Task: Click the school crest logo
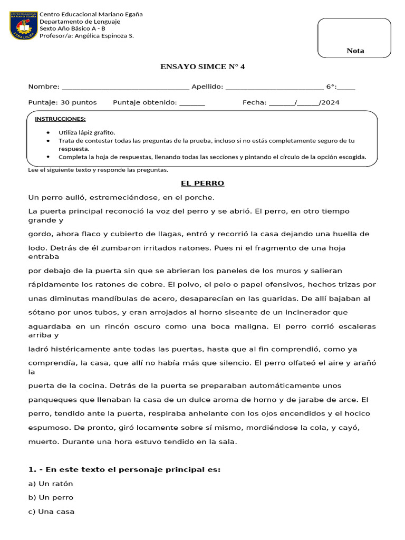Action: click(x=23, y=25)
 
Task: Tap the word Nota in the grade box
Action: click(x=355, y=51)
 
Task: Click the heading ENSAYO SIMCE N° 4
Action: click(x=202, y=66)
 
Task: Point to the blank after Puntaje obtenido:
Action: click(x=192, y=103)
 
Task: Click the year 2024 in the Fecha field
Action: click(x=330, y=102)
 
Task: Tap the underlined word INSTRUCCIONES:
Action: click(x=60, y=119)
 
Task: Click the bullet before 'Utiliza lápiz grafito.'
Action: click(x=49, y=132)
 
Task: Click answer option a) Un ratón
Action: click(x=51, y=484)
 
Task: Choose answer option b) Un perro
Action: click(x=51, y=497)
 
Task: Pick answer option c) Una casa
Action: click(x=51, y=512)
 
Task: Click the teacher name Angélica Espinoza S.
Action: click(x=104, y=36)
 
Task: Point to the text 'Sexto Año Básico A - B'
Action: click(x=76, y=29)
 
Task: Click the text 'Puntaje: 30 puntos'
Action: click(x=62, y=102)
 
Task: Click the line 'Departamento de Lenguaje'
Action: click(x=83, y=22)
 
